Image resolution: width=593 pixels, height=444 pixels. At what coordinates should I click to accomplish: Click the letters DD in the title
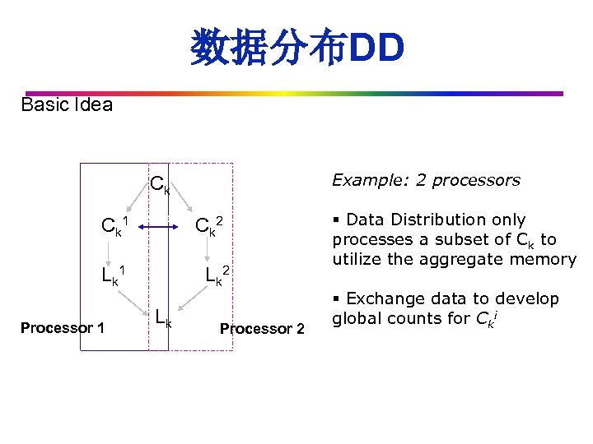(x=377, y=49)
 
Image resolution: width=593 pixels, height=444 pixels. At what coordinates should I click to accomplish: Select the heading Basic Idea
(x=67, y=105)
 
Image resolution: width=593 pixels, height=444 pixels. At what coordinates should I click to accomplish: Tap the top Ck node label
(x=160, y=186)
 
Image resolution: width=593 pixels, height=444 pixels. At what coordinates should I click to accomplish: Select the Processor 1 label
(x=63, y=328)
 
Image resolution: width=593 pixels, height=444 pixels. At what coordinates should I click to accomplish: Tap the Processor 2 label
(x=262, y=329)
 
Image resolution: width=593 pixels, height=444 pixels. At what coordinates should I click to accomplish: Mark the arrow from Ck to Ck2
(x=189, y=204)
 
